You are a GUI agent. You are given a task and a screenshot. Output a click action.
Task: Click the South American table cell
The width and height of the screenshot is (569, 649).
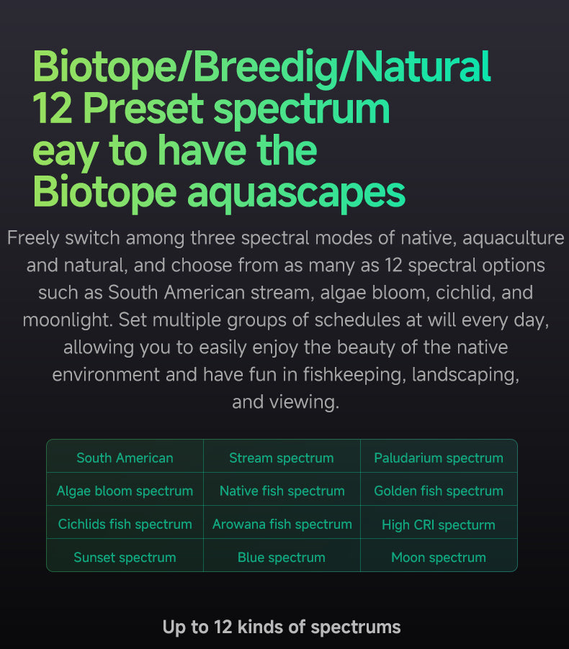pos(125,458)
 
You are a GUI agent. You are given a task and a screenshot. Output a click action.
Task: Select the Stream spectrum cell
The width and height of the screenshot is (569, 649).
pos(282,458)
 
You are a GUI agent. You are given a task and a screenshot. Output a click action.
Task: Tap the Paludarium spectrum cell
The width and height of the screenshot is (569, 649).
pos(439,458)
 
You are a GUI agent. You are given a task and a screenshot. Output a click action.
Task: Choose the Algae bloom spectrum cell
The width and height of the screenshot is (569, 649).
pos(125,491)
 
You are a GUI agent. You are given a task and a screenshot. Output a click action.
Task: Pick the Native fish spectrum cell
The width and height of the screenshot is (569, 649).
pos(282,491)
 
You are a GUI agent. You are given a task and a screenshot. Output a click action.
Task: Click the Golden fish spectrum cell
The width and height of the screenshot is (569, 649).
pos(439,491)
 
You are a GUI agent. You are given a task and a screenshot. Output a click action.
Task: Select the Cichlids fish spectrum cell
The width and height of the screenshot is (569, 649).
pos(125,524)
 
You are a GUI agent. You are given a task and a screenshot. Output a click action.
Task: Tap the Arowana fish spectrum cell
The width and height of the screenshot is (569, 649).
pos(282,524)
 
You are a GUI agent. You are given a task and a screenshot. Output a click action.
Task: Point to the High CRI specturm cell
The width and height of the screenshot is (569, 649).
pos(439,525)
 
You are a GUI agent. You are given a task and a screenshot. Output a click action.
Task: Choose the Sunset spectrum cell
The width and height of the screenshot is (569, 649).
pos(125,557)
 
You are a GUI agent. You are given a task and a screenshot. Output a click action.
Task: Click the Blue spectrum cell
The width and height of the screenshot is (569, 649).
pos(282,557)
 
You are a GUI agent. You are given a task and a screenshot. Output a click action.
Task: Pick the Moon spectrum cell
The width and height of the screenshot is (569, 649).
pos(439,557)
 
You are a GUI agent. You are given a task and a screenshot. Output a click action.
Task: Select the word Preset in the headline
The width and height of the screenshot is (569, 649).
pos(143,109)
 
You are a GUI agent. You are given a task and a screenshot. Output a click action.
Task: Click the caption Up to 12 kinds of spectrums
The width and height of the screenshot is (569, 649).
pos(282,627)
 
